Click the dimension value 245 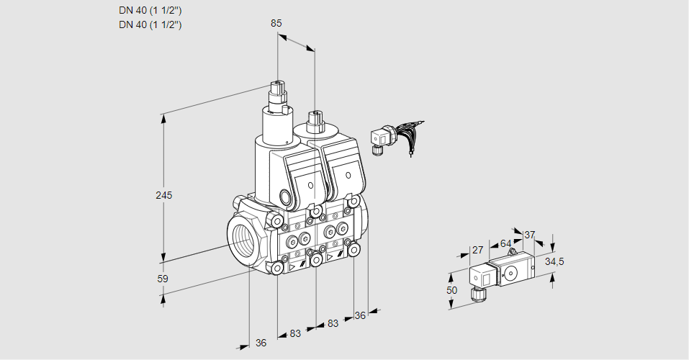pos(164,195)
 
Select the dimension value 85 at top pos(276,23)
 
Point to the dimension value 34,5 pos(554,261)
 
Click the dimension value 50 pos(451,290)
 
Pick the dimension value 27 pos(477,250)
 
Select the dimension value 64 pos(505,243)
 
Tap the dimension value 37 pos(530,235)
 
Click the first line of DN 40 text pos(150,10)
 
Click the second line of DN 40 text pos(150,24)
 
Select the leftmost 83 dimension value pos(295,333)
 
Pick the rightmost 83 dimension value pos(333,323)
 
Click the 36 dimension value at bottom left pos(261,343)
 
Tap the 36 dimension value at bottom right pos(361,315)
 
